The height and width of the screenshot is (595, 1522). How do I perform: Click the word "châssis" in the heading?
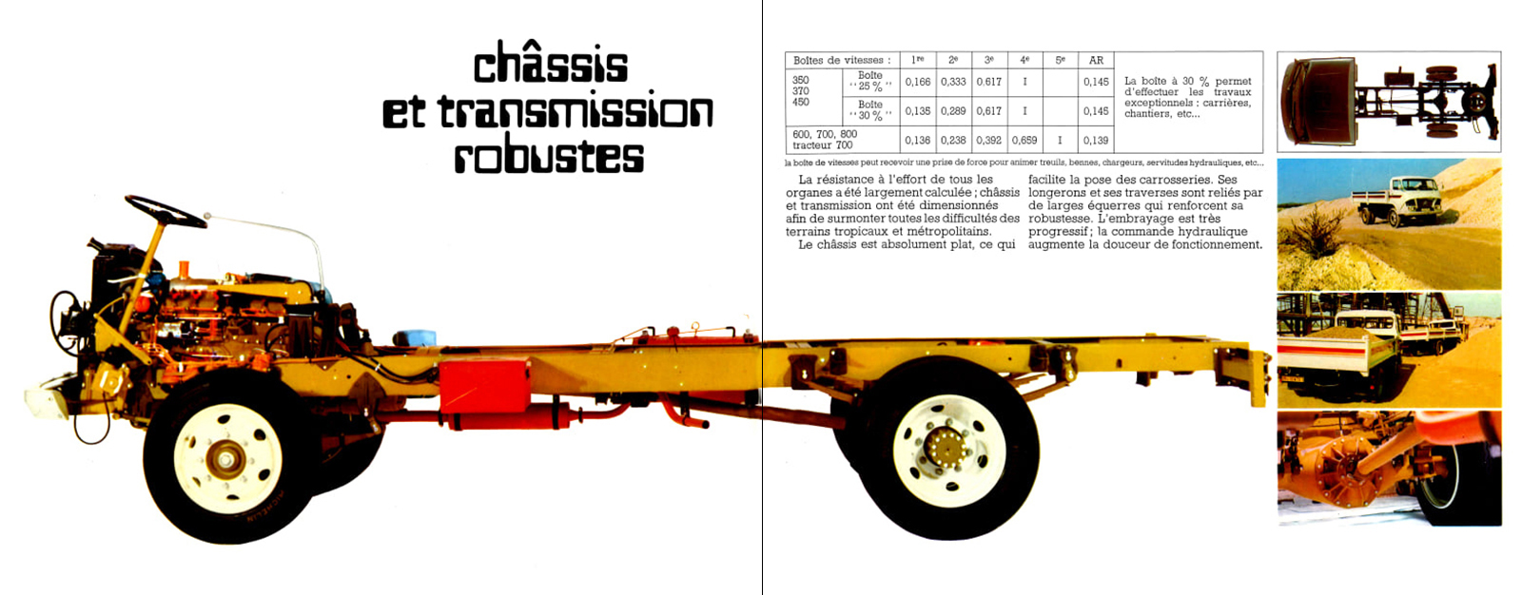tap(551, 65)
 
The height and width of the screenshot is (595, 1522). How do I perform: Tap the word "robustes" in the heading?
tap(549, 157)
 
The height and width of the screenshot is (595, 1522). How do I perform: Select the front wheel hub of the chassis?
tap(226, 459)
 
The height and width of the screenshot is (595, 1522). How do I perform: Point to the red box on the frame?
tap(483, 384)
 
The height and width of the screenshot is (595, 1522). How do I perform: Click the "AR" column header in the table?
tap(1096, 60)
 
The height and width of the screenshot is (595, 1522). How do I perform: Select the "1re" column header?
tap(917, 60)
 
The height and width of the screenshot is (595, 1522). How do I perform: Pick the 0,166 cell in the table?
tap(917, 82)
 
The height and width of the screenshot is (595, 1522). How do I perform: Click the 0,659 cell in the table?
tap(1024, 140)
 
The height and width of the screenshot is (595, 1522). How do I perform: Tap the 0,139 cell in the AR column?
tap(1096, 140)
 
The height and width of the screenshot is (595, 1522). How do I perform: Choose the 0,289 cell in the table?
tap(953, 111)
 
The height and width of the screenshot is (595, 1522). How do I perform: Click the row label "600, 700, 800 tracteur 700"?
tap(824, 140)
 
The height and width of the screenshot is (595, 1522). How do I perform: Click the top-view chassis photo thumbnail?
tap(1388, 102)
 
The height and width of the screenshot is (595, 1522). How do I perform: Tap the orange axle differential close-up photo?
tap(1388, 467)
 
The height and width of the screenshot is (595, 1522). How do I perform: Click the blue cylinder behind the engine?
tap(415, 337)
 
